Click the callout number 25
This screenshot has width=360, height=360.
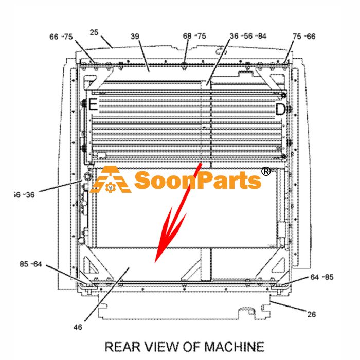[94, 32]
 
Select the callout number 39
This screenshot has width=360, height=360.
[135, 37]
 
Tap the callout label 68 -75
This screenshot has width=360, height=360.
[194, 36]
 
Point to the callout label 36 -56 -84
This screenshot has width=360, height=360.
[248, 36]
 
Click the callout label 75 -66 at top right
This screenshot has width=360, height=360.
[304, 37]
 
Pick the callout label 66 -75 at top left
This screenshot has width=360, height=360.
[61, 37]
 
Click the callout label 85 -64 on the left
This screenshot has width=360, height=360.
[31, 264]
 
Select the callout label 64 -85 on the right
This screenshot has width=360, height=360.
[322, 277]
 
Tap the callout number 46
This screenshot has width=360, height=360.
[78, 327]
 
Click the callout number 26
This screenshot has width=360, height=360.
[311, 314]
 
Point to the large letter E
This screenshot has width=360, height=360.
[93, 104]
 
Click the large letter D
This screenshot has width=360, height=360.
[280, 109]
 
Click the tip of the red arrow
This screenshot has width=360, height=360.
[155, 263]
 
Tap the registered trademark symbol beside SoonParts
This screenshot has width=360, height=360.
[266, 171]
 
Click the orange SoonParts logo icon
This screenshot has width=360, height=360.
[111, 179]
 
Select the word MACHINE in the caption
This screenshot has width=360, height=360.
[234, 347]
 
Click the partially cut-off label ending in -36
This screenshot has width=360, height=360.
[24, 195]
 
